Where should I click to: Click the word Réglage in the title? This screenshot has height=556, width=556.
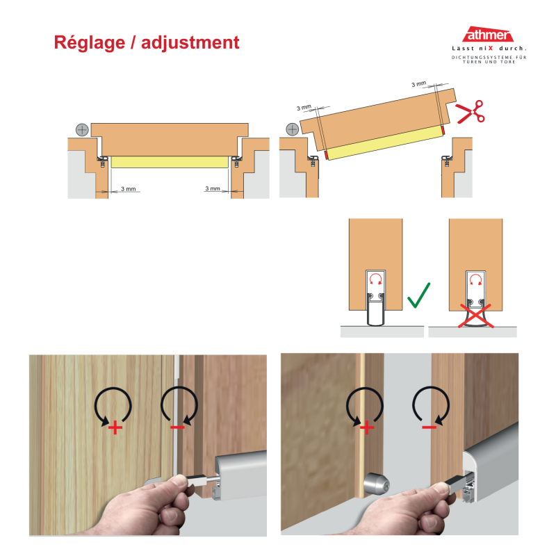pyautogui.click(x=90, y=43)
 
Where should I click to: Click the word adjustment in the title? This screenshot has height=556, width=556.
pyautogui.click(x=190, y=42)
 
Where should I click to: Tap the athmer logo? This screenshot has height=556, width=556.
pyautogui.click(x=489, y=35)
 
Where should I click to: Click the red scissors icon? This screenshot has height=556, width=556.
pyautogui.click(x=470, y=112)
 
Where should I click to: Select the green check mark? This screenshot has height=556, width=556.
pyautogui.click(x=418, y=295)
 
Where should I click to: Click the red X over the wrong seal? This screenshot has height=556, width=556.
pyautogui.click(x=476, y=316)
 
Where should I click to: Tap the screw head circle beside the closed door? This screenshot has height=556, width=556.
pyautogui.click(x=82, y=130)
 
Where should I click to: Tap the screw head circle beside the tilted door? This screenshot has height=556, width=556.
pyautogui.click(x=292, y=129)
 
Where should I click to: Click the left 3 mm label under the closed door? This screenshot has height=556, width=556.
pyautogui.click(x=129, y=188)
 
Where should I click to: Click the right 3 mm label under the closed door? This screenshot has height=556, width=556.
pyautogui.click(x=213, y=188)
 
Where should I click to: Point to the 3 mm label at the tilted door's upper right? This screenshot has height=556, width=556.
pyautogui.click(x=419, y=84)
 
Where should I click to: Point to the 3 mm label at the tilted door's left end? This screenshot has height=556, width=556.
pyautogui.click(x=304, y=107)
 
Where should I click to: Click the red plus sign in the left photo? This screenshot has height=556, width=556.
pyautogui.click(x=115, y=427)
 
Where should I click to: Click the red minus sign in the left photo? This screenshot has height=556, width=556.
pyautogui.click(x=177, y=427)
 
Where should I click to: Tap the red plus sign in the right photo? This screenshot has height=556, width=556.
pyautogui.click(x=367, y=427)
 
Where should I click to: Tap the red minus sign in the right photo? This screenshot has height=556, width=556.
pyautogui.click(x=429, y=427)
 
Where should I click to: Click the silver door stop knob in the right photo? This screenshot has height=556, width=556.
pyautogui.click(x=377, y=484)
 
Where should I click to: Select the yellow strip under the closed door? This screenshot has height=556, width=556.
pyautogui.click(x=170, y=162)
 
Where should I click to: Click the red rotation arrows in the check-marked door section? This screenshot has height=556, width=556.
pyautogui.click(x=375, y=279)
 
